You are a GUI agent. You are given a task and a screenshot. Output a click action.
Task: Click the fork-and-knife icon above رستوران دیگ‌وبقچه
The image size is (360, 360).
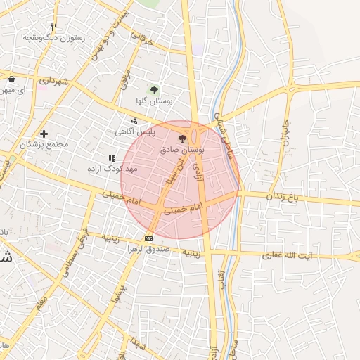tap(53, 27)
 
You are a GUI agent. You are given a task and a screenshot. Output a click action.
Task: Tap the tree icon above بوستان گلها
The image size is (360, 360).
tap(154, 89)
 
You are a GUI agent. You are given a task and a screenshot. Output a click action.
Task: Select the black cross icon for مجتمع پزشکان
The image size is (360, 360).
tap(44, 134)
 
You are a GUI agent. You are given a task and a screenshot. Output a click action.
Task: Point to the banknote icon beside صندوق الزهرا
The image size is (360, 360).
tap(148, 239)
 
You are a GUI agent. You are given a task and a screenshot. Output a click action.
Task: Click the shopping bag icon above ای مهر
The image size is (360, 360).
tap(12, 79)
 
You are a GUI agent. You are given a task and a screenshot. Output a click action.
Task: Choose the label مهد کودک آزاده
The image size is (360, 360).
tap(112, 169)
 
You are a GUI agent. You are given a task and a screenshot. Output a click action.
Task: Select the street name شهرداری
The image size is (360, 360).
tap(53, 82)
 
